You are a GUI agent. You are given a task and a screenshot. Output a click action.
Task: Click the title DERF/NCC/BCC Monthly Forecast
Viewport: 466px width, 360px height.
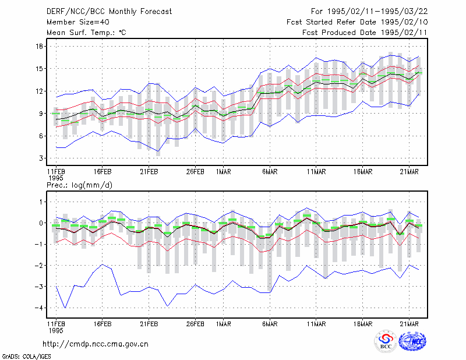(x=109, y=12)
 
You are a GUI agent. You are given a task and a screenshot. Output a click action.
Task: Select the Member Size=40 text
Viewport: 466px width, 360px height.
(x=78, y=22)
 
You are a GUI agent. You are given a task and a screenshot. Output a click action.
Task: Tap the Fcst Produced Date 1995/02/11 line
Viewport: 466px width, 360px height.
(x=365, y=33)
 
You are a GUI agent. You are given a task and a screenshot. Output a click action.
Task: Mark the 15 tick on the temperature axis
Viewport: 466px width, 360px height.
(x=39, y=69)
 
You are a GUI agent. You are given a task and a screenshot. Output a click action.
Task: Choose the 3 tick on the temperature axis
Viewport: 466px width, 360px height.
(x=41, y=158)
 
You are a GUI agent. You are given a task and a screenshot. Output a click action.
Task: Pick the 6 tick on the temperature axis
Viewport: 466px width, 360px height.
(x=41, y=136)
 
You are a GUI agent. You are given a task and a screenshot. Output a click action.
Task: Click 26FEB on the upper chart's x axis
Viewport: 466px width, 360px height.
(x=195, y=172)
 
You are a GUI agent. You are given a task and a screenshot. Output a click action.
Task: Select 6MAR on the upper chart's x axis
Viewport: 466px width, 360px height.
(x=270, y=172)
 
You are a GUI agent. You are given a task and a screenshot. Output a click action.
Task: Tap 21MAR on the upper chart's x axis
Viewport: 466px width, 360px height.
(x=409, y=172)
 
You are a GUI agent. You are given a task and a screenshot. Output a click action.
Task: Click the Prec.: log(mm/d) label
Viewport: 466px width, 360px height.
(x=79, y=185)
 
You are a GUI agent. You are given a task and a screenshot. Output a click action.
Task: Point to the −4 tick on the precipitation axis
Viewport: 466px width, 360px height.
(x=38, y=308)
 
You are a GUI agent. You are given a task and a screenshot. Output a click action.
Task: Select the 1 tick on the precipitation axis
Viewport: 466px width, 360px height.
(x=41, y=202)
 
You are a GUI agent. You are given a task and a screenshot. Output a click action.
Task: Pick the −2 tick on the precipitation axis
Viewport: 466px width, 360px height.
(x=38, y=266)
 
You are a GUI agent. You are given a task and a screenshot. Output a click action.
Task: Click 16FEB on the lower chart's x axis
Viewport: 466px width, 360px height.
(x=103, y=324)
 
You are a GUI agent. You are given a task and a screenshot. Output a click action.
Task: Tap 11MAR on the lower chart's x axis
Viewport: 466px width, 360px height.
(x=316, y=324)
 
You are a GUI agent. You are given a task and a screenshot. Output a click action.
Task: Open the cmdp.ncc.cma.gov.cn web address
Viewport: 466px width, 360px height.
(x=96, y=344)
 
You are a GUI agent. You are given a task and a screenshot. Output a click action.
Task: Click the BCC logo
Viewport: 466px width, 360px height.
(x=386, y=341)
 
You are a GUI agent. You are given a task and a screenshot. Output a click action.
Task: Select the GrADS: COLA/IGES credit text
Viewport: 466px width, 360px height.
(x=26, y=357)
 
